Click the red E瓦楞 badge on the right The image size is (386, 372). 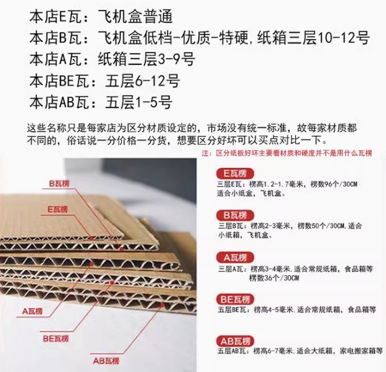click(x=235, y=174)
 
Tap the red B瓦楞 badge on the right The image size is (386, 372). click(x=235, y=215)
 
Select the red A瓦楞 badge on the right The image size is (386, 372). click(x=235, y=258)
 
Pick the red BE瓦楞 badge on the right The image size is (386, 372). click(x=235, y=299)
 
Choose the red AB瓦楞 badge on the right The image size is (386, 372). click(x=235, y=341)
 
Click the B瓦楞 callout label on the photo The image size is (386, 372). click(x=59, y=183)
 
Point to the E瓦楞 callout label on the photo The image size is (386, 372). click(x=57, y=210)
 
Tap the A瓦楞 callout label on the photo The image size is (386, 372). click(x=32, y=312)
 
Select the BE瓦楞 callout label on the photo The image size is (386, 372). click(x=55, y=339)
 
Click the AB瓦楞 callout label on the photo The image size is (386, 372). click(x=106, y=361)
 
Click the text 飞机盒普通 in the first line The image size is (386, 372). click(x=135, y=17)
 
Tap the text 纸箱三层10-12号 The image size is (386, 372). click(x=314, y=38)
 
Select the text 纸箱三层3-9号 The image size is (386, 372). click(x=147, y=59)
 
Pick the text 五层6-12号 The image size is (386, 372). click(x=143, y=81)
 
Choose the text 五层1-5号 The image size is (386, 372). click(x=139, y=102)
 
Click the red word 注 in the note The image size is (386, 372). click(x=205, y=153)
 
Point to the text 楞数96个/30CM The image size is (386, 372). click(x=333, y=184)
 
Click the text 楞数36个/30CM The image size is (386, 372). click(x=274, y=278)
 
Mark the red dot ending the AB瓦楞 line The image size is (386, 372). click(x=162, y=305)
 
